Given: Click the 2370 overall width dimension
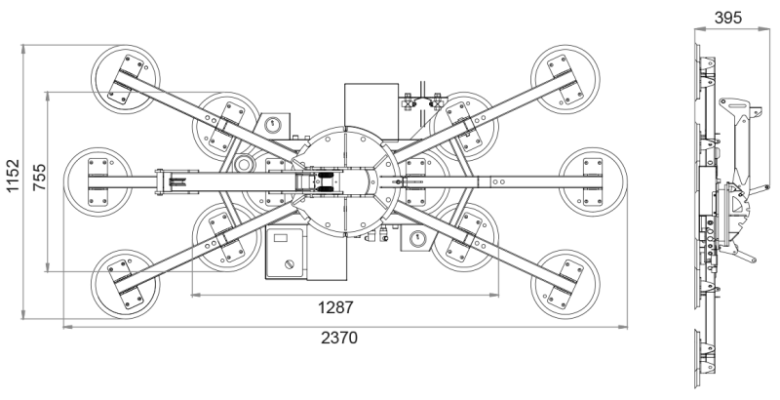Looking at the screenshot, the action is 339,338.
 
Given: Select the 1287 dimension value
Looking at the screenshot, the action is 335,307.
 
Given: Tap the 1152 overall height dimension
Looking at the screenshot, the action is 13,176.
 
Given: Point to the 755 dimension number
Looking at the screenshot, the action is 39,178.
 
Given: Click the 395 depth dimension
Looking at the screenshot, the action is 727,18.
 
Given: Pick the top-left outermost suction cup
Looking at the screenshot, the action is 126,80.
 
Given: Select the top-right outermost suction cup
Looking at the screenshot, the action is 565,80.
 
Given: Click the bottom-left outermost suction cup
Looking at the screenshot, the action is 126,284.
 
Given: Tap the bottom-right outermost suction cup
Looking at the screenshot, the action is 565,284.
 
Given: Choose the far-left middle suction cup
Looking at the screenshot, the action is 98,182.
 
